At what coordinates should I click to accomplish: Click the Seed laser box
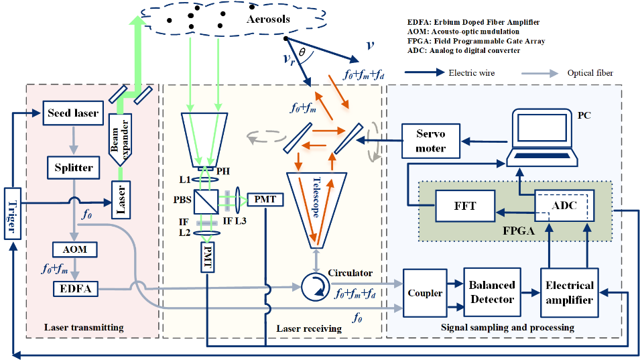pyautogui.click(x=72, y=113)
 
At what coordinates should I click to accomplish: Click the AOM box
pyautogui.click(x=74, y=249)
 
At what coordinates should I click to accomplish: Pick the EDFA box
pyautogui.click(x=74, y=288)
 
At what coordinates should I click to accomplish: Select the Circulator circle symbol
pyautogui.click(x=312, y=286)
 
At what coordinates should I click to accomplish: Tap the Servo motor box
pyautogui.click(x=430, y=140)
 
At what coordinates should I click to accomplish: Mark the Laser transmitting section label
pyautogui.click(x=84, y=327)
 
